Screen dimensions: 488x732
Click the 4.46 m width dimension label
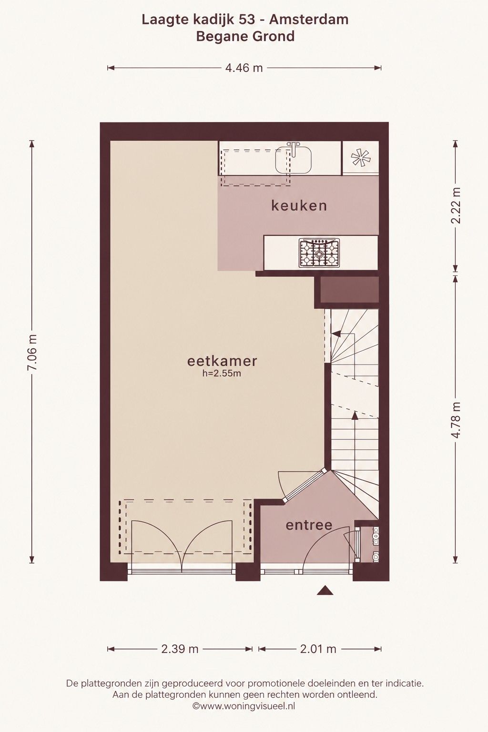click(x=244, y=68)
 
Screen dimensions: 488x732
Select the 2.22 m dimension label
click(x=456, y=205)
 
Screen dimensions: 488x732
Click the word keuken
click(x=299, y=206)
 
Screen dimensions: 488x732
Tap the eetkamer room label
click(x=222, y=361)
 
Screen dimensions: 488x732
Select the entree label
click(x=309, y=525)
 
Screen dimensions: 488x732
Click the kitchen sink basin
click(x=293, y=160)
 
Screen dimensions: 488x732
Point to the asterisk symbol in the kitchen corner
click(x=361, y=158)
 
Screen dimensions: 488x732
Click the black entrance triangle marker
click(x=325, y=590)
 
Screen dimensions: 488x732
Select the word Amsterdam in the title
click(x=309, y=20)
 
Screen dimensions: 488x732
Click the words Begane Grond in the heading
click(x=245, y=36)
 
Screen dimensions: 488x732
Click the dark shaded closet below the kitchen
click(x=349, y=290)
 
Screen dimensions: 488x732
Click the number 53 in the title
click(x=248, y=20)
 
